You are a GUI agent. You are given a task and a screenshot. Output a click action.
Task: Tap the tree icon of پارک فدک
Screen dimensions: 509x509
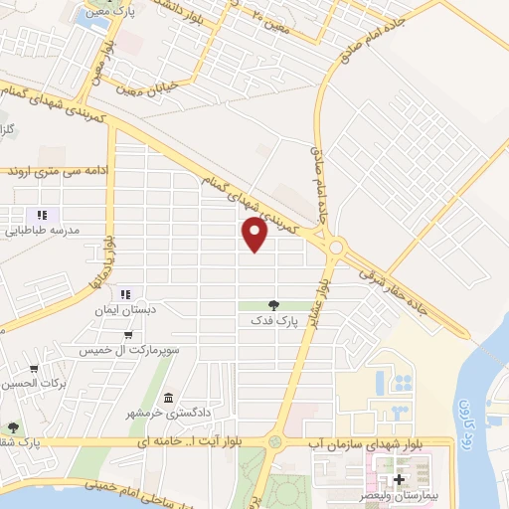pos(274,305)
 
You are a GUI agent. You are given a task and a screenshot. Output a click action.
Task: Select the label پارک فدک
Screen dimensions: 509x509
pos(274,321)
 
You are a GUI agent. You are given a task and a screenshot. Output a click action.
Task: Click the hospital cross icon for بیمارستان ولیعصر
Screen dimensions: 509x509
pos(399,480)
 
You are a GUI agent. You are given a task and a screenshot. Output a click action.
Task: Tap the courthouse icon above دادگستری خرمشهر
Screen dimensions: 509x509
pos(167,398)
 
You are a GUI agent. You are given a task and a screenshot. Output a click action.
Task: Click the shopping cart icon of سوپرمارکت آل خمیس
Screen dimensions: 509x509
pos(128,337)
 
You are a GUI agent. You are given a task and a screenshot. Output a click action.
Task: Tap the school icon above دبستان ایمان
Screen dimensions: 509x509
pos(125,294)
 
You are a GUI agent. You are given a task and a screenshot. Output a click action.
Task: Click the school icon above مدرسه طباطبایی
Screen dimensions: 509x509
pos(42,215)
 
